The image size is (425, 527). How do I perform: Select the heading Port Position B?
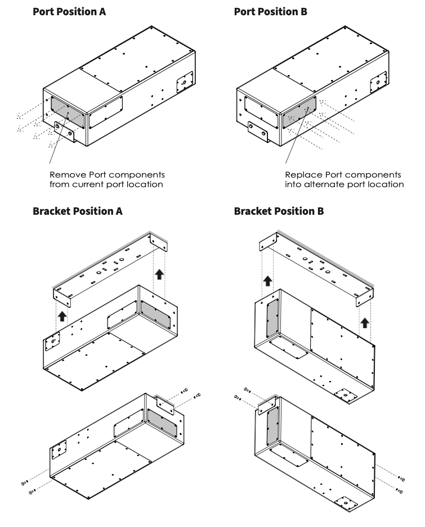coord(271,11)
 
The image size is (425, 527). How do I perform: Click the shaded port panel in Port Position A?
coord(67,112)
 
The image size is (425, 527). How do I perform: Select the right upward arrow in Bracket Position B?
coord(365,322)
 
